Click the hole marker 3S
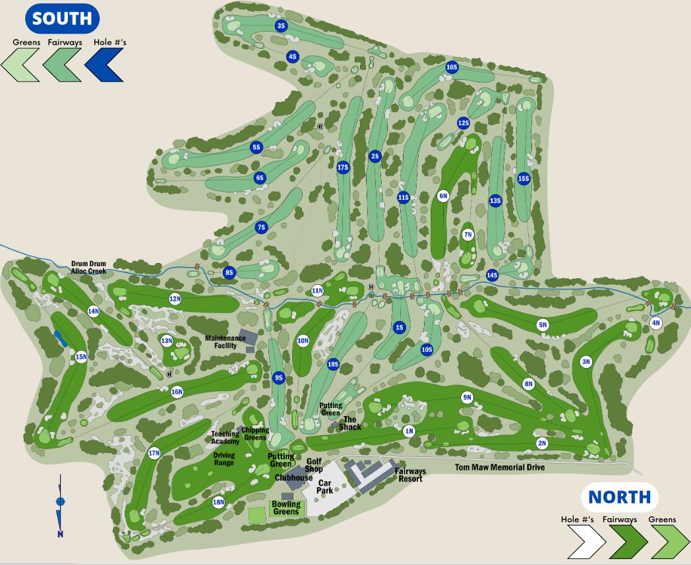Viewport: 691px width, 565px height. pyautogui.click(x=281, y=26)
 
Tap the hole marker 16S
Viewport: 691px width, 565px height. pyautogui.click(x=452, y=67)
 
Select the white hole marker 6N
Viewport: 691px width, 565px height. pyautogui.click(x=443, y=195)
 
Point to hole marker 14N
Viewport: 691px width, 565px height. pyautogui.click(x=94, y=311)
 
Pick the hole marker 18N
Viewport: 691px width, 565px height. pyautogui.click(x=219, y=502)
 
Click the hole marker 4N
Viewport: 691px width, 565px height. pyautogui.click(x=655, y=323)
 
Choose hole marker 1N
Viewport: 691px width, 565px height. pyautogui.click(x=409, y=431)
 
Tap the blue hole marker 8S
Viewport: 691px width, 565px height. pyautogui.click(x=229, y=272)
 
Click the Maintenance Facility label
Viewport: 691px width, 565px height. pyautogui.click(x=225, y=342)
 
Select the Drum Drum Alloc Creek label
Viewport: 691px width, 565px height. pyautogui.click(x=88, y=268)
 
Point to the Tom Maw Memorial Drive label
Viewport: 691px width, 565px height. pyautogui.click(x=500, y=467)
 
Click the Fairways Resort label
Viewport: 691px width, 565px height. pyautogui.click(x=410, y=475)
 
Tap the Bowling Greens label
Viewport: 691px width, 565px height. pyautogui.click(x=286, y=508)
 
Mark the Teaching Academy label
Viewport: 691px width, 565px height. pyautogui.click(x=225, y=437)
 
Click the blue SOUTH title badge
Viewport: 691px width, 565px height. pyautogui.click(x=62, y=18)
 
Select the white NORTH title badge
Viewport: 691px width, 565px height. pyautogui.click(x=619, y=496)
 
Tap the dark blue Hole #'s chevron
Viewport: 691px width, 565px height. pyautogui.click(x=104, y=64)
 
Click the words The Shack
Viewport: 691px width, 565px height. pyautogui.click(x=350, y=423)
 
